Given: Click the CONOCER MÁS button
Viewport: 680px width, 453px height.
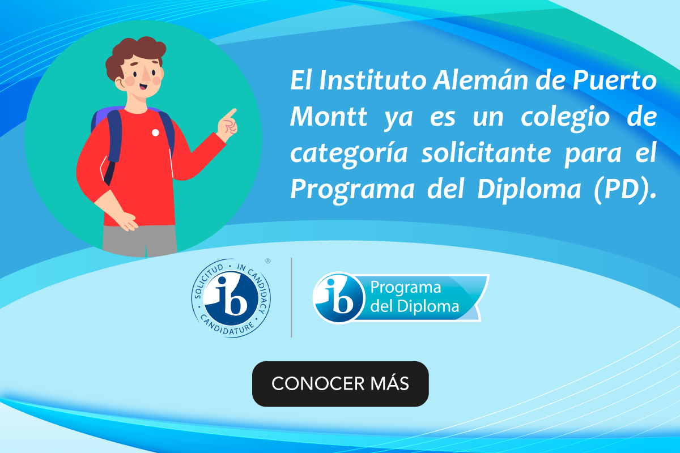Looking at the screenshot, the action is (x=341, y=384).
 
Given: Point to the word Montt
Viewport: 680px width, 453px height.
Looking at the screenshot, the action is (x=329, y=117).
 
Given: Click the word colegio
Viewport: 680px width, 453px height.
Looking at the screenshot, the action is (x=566, y=118).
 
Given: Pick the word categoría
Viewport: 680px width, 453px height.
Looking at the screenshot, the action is (x=349, y=154).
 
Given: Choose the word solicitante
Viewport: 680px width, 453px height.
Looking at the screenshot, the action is (x=486, y=153).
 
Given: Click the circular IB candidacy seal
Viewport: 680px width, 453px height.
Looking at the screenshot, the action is (x=231, y=298).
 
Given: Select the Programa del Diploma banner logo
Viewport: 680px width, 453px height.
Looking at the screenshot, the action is (x=401, y=297).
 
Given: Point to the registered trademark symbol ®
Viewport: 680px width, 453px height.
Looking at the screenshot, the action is (x=267, y=261).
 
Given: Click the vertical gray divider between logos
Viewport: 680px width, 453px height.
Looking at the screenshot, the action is (x=291, y=297).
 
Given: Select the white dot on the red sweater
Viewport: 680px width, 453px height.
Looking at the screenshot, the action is (x=155, y=133).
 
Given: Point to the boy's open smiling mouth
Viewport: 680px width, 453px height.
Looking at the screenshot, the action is (x=143, y=88).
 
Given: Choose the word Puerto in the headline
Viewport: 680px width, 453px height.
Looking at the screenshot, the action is (x=614, y=81).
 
